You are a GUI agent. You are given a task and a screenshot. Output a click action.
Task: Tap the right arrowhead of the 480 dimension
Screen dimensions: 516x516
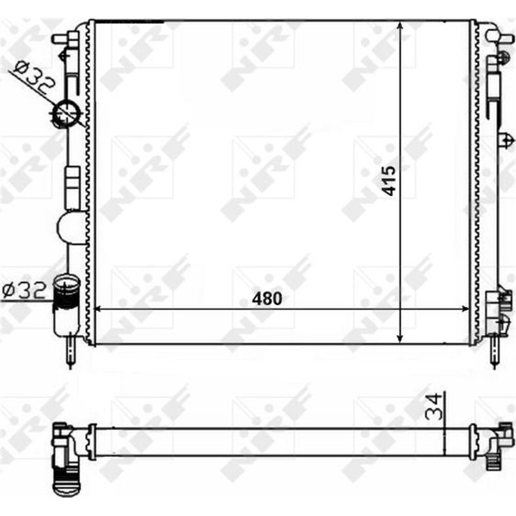point(468,310)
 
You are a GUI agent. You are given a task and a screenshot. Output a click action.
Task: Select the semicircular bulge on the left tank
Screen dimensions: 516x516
point(72,228)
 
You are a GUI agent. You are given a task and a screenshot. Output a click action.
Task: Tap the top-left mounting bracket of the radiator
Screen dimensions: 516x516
point(68,37)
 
